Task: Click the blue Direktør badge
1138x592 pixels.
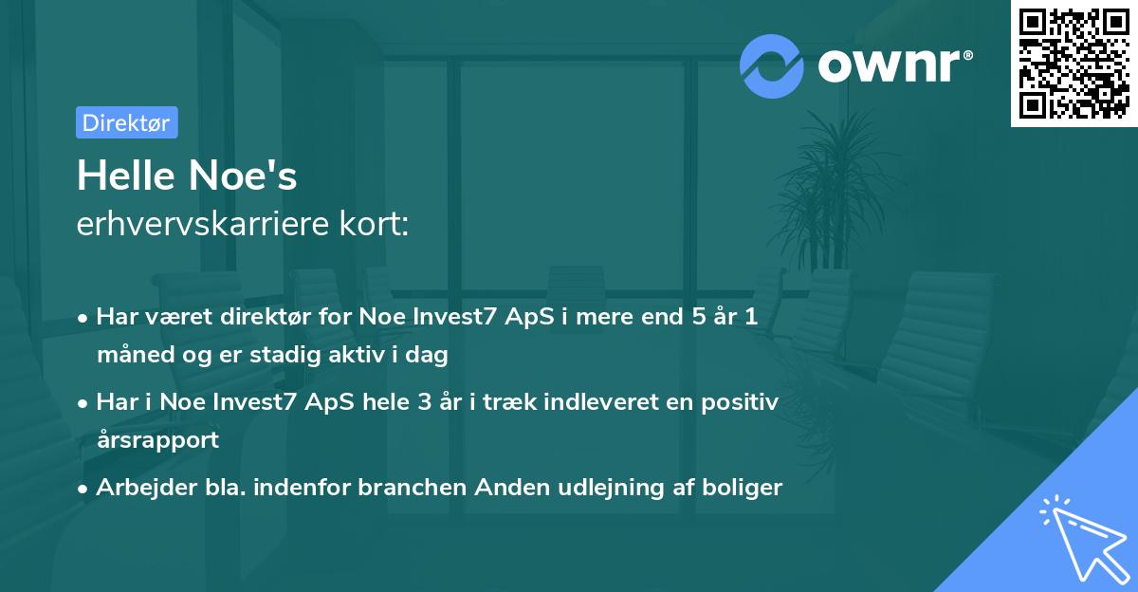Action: point(127,122)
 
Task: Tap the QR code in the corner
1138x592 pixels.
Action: point(1074,63)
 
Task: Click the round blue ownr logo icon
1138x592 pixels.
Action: point(772,66)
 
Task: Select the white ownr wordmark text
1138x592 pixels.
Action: point(889,65)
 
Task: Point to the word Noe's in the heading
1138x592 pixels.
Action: point(243,176)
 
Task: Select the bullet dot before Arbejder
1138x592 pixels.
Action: point(83,490)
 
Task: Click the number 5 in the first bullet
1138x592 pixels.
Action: point(699,316)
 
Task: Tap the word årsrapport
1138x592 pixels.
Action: point(158,440)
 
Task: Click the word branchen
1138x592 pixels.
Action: point(413,487)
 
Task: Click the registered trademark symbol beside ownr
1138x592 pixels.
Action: point(967,55)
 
